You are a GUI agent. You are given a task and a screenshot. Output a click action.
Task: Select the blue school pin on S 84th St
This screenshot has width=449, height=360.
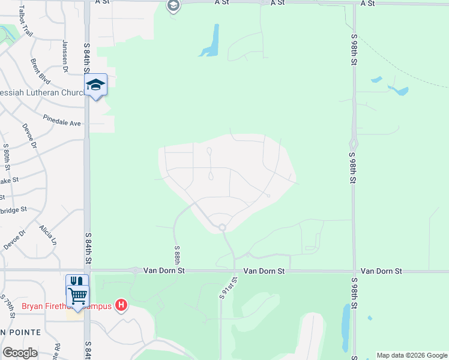95,85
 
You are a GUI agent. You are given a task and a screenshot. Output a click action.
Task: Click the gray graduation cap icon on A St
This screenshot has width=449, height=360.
173,6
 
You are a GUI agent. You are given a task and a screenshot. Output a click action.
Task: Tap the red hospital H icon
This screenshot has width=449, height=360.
122,305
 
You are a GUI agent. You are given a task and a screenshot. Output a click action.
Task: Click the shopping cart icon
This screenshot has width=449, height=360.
77,296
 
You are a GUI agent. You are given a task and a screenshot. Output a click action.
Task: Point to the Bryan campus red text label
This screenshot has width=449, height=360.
66,306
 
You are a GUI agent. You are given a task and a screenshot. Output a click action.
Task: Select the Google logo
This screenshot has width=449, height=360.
20,353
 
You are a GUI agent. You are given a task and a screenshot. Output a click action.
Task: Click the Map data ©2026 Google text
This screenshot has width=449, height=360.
411,355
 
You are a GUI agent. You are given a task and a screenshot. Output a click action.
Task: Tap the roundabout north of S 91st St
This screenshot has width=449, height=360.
222,227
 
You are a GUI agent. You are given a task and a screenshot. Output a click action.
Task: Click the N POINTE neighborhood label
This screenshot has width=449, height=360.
20,332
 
